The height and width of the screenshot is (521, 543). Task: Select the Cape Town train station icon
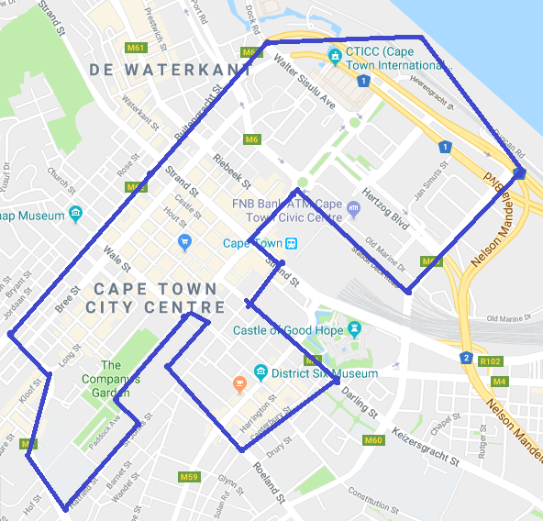point(291,243)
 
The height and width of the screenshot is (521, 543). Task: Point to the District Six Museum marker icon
point(260,373)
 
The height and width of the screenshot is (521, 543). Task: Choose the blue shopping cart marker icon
point(184,242)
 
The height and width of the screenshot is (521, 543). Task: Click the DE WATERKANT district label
point(170,70)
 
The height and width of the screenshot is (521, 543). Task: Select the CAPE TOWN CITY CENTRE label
point(155,298)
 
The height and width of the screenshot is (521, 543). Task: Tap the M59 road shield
point(189,476)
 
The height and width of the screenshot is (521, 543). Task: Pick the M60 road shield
point(372,441)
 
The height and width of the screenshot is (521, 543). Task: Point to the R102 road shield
point(491,361)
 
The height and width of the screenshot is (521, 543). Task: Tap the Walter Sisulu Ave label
point(305,90)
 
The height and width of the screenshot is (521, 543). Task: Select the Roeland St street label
point(274,485)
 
